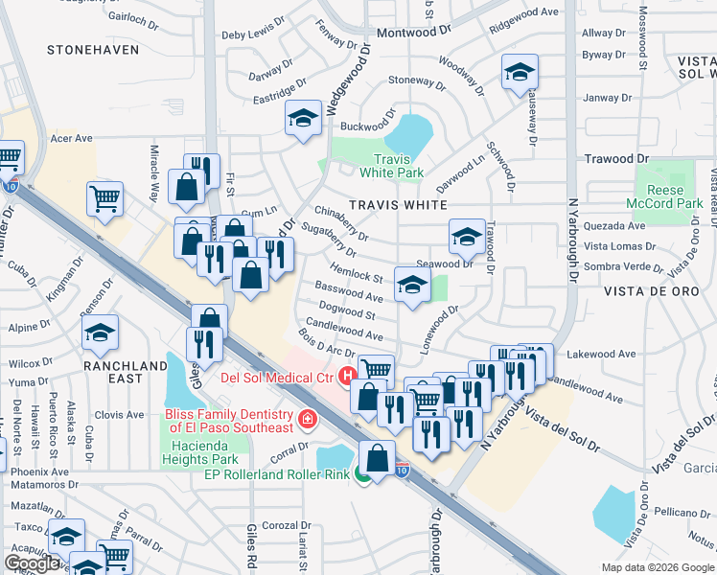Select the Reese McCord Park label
pos(675,196)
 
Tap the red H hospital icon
pos(347,375)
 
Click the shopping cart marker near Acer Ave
pos(105,199)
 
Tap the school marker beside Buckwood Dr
pos(303,119)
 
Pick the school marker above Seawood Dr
pos(466,236)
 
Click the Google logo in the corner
pos(33,563)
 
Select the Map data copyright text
pos(657,566)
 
